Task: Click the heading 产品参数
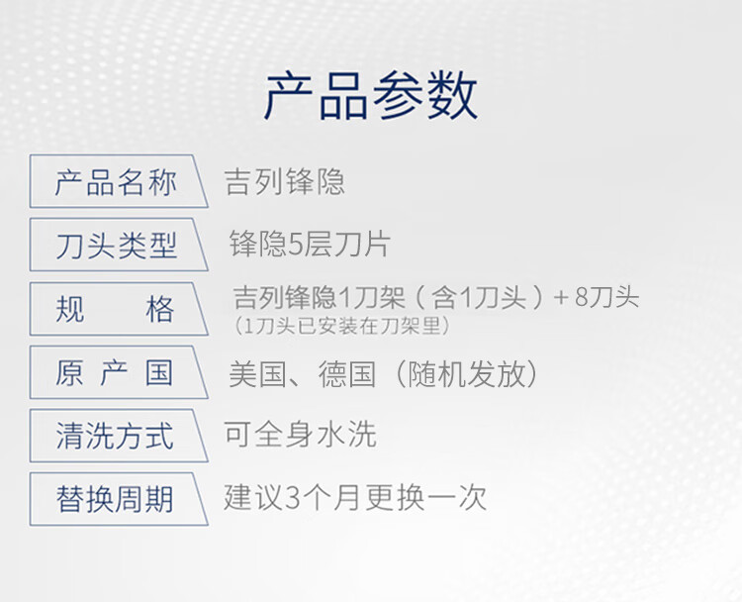(x=371, y=96)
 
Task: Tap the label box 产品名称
(x=119, y=181)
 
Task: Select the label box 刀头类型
(x=119, y=245)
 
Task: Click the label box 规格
(x=119, y=309)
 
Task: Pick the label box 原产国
(x=119, y=372)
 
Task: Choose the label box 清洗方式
(x=119, y=436)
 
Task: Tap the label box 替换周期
(x=119, y=499)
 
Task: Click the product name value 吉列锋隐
(x=285, y=181)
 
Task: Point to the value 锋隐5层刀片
(x=310, y=244)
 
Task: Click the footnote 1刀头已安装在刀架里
(x=341, y=326)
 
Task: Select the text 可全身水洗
(x=300, y=434)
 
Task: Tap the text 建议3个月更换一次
(x=355, y=497)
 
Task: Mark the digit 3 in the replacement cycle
(x=294, y=498)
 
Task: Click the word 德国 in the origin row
(x=347, y=374)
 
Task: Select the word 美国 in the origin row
(x=257, y=374)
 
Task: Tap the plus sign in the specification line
(x=561, y=297)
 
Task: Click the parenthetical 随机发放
(x=466, y=374)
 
